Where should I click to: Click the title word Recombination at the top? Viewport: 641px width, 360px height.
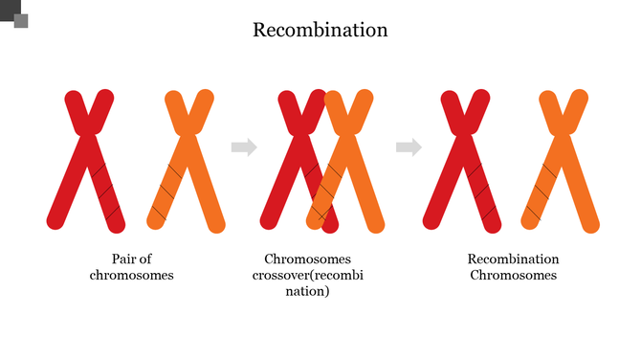pyautogui.click(x=320, y=30)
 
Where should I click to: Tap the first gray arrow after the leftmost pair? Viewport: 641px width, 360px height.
pyautogui.click(x=245, y=146)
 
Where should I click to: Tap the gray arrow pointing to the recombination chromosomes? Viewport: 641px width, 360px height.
pyautogui.click(x=409, y=146)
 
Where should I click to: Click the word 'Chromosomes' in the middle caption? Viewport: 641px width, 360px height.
pyautogui.click(x=307, y=259)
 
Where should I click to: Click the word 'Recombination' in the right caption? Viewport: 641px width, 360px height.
pyautogui.click(x=513, y=259)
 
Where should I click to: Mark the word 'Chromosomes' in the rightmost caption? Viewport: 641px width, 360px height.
pyautogui.click(x=513, y=276)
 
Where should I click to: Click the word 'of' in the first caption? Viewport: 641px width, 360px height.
pyautogui.click(x=146, y=259)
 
